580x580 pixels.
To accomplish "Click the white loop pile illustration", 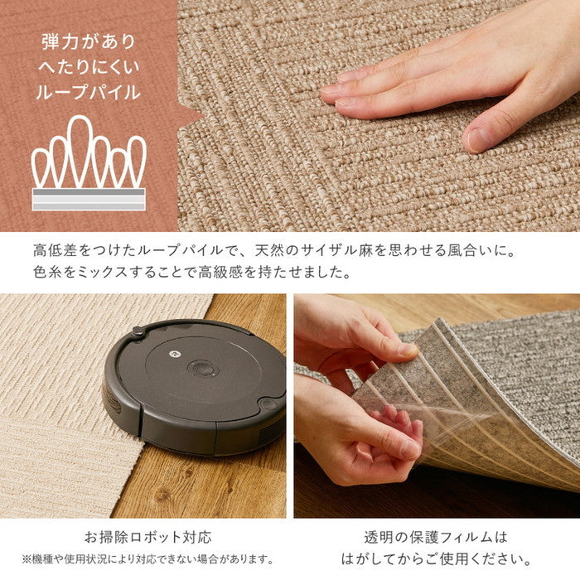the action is [x=89, y=162].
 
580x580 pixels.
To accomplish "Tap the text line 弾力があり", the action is [x=89, y=41].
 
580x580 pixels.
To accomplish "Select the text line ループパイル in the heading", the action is [x=89, y=92].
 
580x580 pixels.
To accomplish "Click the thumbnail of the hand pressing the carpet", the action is [x=379, y=116].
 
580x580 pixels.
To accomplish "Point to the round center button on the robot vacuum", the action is [x=202, y=369].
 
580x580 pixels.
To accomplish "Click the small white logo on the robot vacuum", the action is [x=174, y=354].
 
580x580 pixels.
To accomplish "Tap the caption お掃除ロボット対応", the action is [x=148, y=537].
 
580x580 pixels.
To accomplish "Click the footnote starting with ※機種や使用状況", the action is [x=148, y=559].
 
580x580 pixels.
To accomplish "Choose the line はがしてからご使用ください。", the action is [x=437, y=559].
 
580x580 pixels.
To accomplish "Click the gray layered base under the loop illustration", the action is [x=89, y=200].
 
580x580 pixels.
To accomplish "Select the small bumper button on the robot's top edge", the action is [x=138, y=331].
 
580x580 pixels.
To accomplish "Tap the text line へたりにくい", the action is [x=89, y=66].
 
